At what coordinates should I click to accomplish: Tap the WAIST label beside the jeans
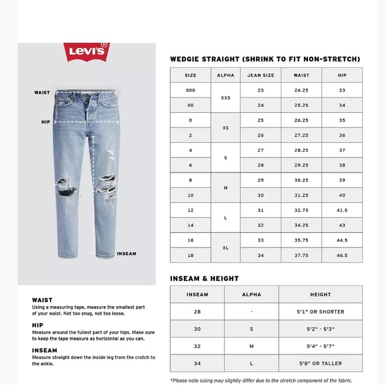pos(42,93)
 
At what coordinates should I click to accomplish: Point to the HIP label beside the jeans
pos(45,122)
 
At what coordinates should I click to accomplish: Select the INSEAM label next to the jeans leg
pos(126,254)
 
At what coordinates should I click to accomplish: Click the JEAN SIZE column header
pos(260,75)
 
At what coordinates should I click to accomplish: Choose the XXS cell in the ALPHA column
pos(226,98)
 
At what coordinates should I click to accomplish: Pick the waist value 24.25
pos(301,90)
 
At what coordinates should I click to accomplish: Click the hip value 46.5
pos(342,255)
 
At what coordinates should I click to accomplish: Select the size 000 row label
pos(191,90)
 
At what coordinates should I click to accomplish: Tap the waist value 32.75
pos(301,210)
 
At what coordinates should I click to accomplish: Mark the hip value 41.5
pos(342,210)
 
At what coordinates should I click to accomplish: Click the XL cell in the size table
pos(226,248)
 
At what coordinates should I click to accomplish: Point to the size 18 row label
pos(191,255)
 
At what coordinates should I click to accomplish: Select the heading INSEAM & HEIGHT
pos(204,279)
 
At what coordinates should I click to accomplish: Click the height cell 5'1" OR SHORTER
pos(321,311)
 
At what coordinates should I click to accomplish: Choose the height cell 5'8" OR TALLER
pos(321,363)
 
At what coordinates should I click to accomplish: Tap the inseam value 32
pos(197,346)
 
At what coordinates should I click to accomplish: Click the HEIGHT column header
pos(321,294)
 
